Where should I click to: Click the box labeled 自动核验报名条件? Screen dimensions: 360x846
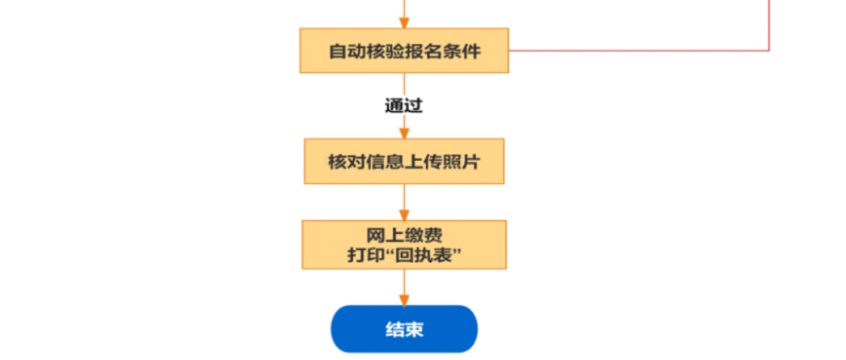coord(404,51)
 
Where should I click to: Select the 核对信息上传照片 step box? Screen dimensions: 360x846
coord(404,161)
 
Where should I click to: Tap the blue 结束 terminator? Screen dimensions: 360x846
coord(404,329)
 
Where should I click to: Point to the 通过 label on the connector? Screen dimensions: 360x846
coord(403,106)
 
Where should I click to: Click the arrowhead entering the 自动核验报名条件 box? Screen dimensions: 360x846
coord(404,24)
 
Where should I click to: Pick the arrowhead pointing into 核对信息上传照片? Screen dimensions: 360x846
coord(404,133)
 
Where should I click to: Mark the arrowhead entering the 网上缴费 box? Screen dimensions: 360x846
coord(404,215)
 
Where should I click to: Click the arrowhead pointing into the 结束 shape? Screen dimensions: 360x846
coord(404,300)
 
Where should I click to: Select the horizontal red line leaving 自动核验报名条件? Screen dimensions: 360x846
coord(635,51)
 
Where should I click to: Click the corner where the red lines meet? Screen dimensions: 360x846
coord(769,51)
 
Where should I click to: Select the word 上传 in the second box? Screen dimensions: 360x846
coord(419,161)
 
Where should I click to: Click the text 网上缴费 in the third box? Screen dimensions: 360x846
coord(404,235)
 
